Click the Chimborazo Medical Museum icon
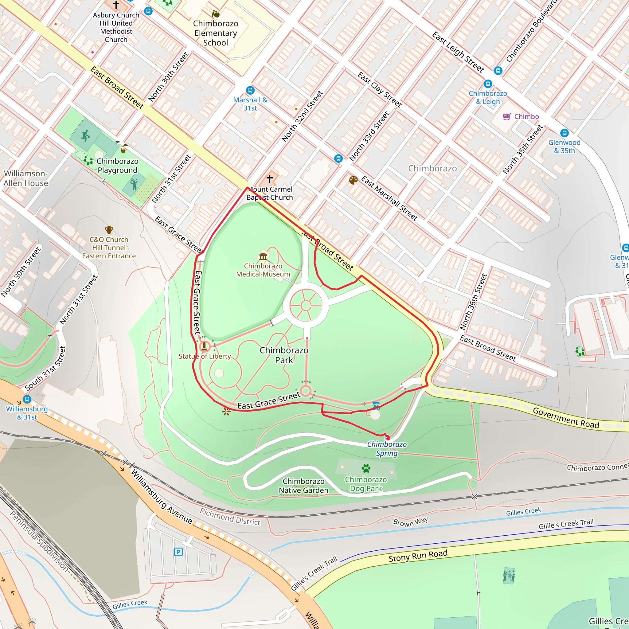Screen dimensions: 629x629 pos(263,256)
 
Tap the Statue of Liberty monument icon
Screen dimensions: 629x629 pos(204,346)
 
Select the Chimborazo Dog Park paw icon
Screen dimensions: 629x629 pos(366,468)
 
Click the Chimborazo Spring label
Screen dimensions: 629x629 pos(387,449)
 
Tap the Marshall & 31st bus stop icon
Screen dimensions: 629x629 pos(250,90)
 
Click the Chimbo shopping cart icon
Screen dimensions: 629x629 pos(506,116)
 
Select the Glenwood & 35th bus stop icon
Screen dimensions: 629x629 pos(564,133)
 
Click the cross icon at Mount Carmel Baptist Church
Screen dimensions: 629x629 pos(269,179)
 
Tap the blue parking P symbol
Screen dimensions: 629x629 pos(178,552)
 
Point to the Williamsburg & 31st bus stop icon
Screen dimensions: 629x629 pos(27,399)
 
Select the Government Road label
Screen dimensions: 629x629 pos(566,418)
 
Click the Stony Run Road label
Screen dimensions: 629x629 pos(418,555)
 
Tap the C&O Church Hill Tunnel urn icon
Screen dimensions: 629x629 pos(109,230)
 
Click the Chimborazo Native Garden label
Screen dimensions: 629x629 pos(303,486)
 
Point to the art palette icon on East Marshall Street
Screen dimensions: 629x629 pos(353,180)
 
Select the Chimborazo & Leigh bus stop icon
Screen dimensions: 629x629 pos(487,84)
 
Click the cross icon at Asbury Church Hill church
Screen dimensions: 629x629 pos(116,5)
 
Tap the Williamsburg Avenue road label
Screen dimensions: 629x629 pos(162,492)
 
